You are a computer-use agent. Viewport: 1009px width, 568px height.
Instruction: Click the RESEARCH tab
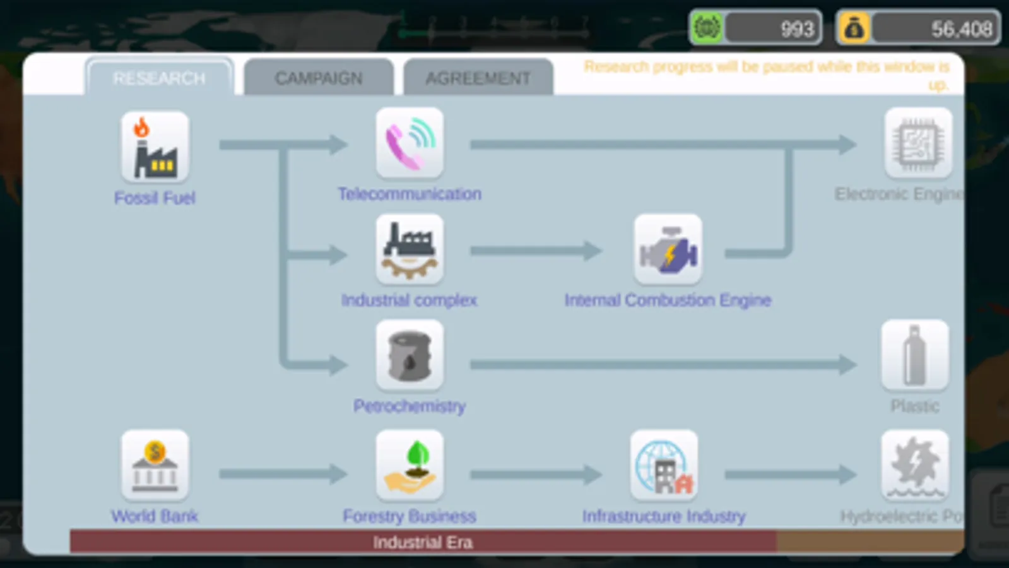point(159,78)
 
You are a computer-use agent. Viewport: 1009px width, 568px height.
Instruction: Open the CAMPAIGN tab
point(319,78)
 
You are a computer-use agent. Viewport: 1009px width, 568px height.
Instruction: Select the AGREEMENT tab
point(478,78)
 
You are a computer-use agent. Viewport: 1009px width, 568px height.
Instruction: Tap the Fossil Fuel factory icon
point(155,147)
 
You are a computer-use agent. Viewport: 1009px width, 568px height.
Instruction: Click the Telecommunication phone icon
point(410,143)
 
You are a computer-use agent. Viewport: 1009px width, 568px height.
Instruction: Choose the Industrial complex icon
point(410,249)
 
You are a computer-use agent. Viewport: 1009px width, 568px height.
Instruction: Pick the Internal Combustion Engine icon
point(668,249)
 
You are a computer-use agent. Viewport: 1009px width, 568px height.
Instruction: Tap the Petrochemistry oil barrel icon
point(410,356)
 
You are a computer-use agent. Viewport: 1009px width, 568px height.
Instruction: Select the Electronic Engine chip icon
point(918,143)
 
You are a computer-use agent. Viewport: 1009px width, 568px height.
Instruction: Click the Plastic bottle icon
point(914,356)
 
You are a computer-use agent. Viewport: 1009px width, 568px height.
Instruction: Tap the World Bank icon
point(155,466)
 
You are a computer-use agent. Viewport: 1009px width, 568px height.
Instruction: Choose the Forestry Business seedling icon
point(410,466)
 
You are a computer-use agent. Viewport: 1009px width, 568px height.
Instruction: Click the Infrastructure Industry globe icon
point(664,466)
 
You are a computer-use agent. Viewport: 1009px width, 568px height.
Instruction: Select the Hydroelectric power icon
point(914,466)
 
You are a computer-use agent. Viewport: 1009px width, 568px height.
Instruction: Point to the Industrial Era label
point(422,543)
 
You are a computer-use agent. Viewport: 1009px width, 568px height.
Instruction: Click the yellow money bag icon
point(854,28)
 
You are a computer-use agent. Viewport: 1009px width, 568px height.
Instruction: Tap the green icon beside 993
point(707,28)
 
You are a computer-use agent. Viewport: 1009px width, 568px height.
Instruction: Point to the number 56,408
point(961,29)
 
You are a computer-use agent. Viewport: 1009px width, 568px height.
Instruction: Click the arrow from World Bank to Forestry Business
point(283,473)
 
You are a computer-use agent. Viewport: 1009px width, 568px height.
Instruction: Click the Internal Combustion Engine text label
point(668,300)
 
